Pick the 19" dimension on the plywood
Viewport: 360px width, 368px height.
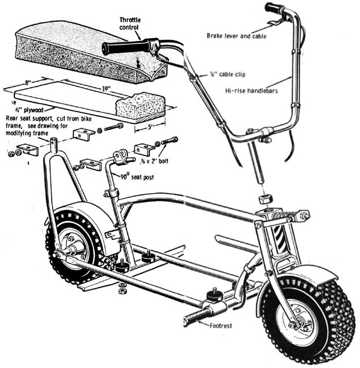click(106, 88)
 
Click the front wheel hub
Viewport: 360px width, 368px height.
click(297, 322)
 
